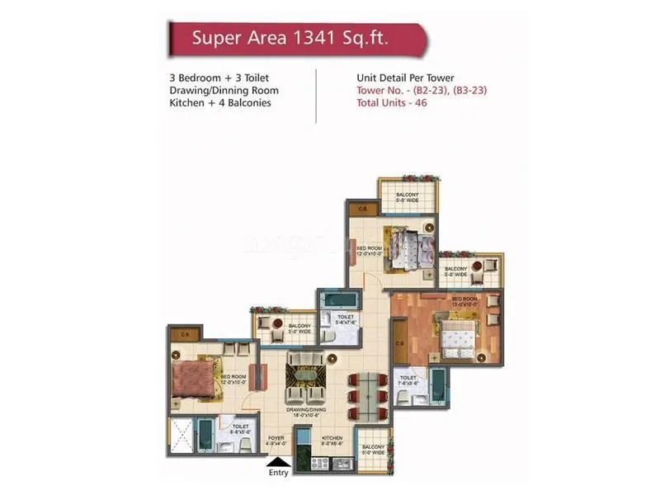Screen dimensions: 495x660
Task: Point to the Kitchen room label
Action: pos(332,438)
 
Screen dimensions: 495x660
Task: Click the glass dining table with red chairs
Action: pos(364,396)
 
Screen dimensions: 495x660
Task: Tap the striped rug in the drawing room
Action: pos(305,380)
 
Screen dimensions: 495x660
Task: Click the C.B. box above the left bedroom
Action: pos(186,333)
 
